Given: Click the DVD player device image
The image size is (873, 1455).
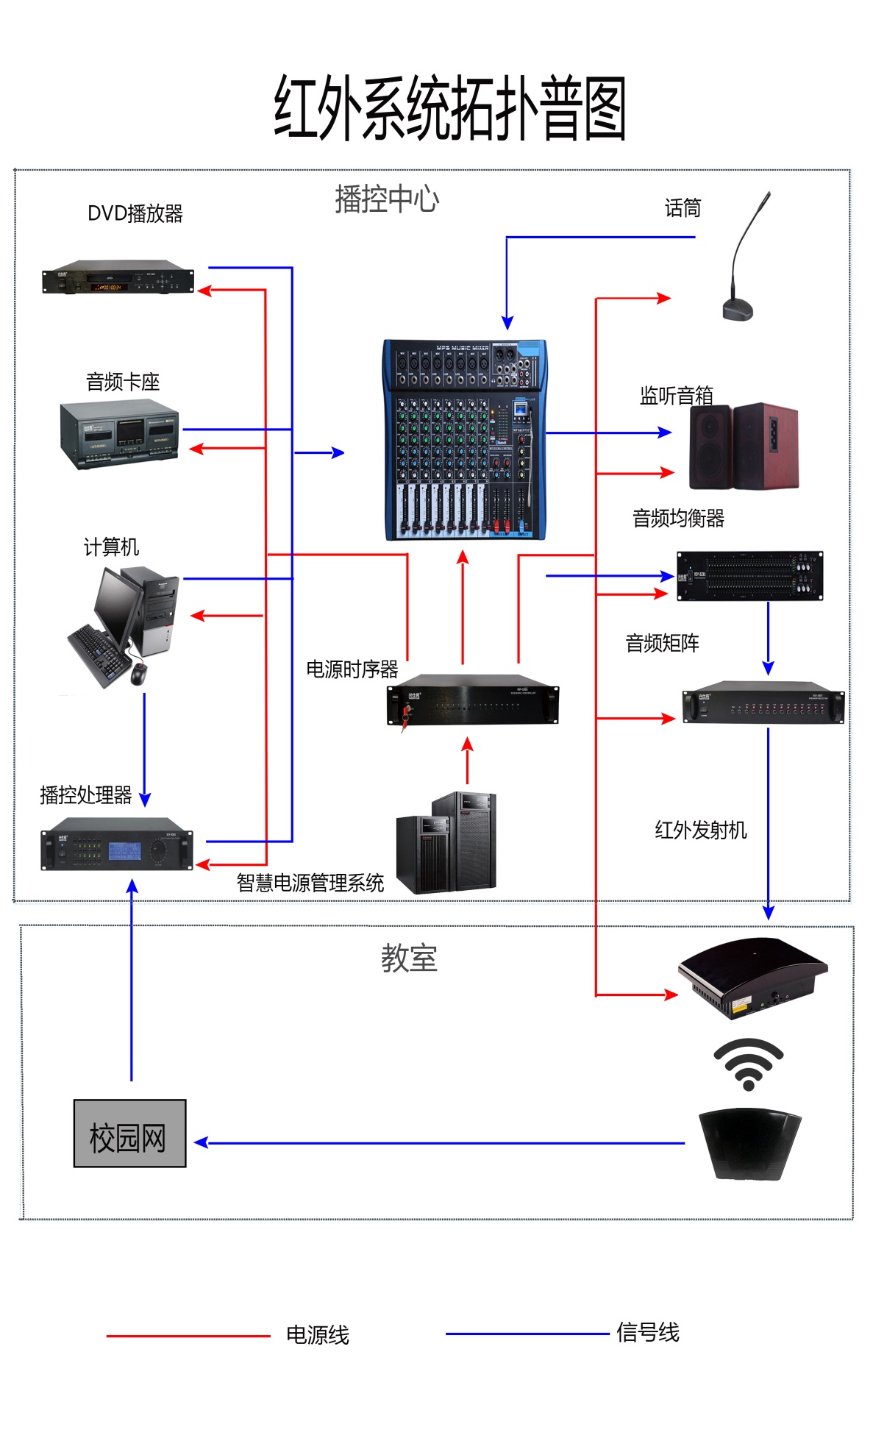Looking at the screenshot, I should tap(118, 277).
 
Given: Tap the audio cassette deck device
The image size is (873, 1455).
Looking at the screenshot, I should tap(120, 433).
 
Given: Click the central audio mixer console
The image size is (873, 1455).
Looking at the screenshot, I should tap(465, 440).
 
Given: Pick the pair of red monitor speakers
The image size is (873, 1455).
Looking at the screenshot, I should tap(743, 446).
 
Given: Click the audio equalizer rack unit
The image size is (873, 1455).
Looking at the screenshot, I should tap(749, 576).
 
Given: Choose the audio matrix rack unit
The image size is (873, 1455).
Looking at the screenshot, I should tap(763, 702).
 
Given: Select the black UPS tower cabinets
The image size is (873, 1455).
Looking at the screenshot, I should tap(446, 843).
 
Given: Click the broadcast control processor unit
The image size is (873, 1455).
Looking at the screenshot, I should tap(117, 844).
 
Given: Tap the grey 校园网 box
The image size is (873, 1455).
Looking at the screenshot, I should tap(129, 1134).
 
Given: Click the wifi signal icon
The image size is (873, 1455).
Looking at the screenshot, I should tap(748, 1064).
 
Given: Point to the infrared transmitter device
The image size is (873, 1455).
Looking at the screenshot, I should tap(752, 977).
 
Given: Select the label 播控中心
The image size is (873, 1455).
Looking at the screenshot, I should tap(387, 199).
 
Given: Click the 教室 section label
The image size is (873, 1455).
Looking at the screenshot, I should tap(409, 958).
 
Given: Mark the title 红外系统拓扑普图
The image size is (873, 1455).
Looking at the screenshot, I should tap(449, 108).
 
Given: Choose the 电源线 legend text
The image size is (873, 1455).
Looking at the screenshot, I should tap(317, 1335).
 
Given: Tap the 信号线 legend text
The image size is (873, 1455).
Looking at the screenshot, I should tap(647, 1332).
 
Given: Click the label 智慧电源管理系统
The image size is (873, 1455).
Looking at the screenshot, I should tap(310, 883).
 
